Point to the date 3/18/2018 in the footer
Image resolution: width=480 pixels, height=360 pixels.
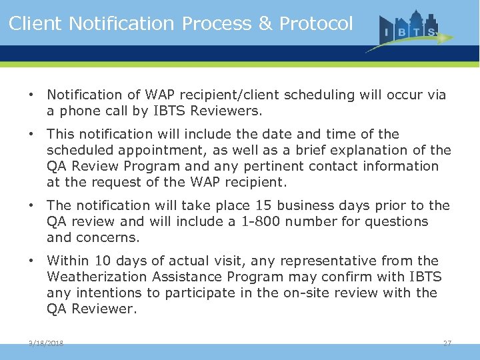pos(46,343)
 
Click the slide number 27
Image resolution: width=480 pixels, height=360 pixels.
pos(447,343)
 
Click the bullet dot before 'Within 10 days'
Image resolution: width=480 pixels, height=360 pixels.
pos(31,261)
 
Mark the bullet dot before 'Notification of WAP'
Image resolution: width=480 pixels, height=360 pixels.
pos(31,95)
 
